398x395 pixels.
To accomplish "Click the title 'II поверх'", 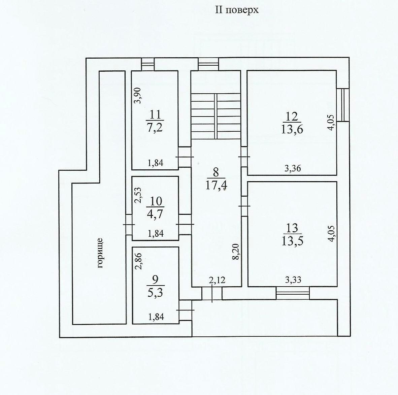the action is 237,10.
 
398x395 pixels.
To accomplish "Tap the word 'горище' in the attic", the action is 100,253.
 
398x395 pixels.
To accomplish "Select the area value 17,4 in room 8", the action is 216,186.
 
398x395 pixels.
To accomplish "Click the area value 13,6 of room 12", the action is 292,129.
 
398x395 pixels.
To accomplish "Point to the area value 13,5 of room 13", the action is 292,241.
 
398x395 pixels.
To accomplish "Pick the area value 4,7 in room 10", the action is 155,213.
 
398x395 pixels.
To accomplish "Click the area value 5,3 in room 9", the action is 155,292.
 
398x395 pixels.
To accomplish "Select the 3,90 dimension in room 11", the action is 137,95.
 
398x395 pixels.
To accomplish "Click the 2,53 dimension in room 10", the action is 139,195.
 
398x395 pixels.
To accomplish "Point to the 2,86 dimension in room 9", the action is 139,261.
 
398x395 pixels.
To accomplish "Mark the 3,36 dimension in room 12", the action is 293,168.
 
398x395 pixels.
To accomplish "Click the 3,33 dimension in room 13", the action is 293,280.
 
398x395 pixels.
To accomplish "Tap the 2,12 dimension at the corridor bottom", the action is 217,280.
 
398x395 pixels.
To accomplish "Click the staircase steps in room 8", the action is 216,116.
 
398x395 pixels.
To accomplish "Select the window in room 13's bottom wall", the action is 293,293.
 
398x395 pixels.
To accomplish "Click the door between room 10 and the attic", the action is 129,225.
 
